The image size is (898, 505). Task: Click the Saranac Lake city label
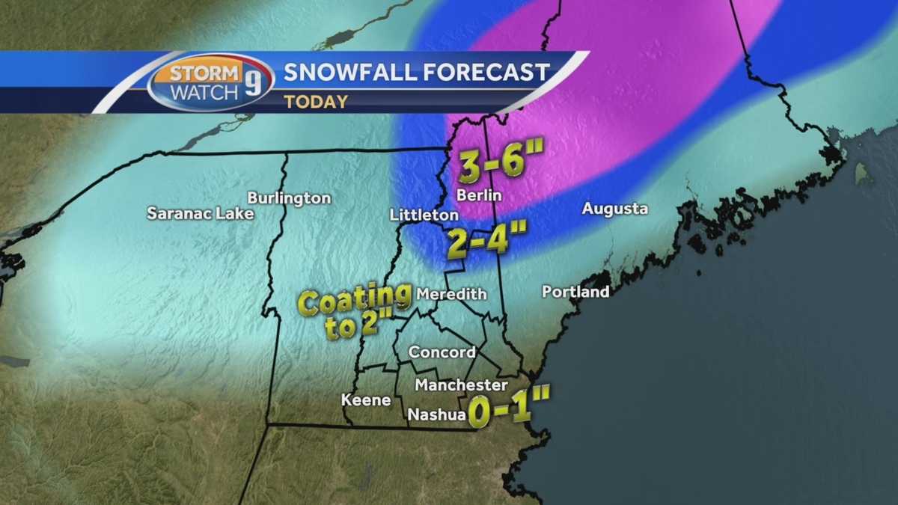tap(201, 213)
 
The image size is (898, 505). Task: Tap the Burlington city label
tap(289, 198)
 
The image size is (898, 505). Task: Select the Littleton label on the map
tap(424, 215)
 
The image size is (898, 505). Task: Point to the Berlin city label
tap(479, 195)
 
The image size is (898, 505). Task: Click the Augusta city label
tap(614, 209)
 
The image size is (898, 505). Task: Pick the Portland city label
tap(575, 292)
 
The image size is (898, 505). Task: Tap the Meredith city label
tap(450, 294)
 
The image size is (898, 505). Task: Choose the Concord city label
tap(442, 352)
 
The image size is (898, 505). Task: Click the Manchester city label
tap(461, 385)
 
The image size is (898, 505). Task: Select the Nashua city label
tap(437, 414)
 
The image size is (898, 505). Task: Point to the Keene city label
tap(366, 400)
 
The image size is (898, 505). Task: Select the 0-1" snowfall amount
tap(509, 411)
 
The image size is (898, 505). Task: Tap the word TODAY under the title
tap(315, 102)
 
